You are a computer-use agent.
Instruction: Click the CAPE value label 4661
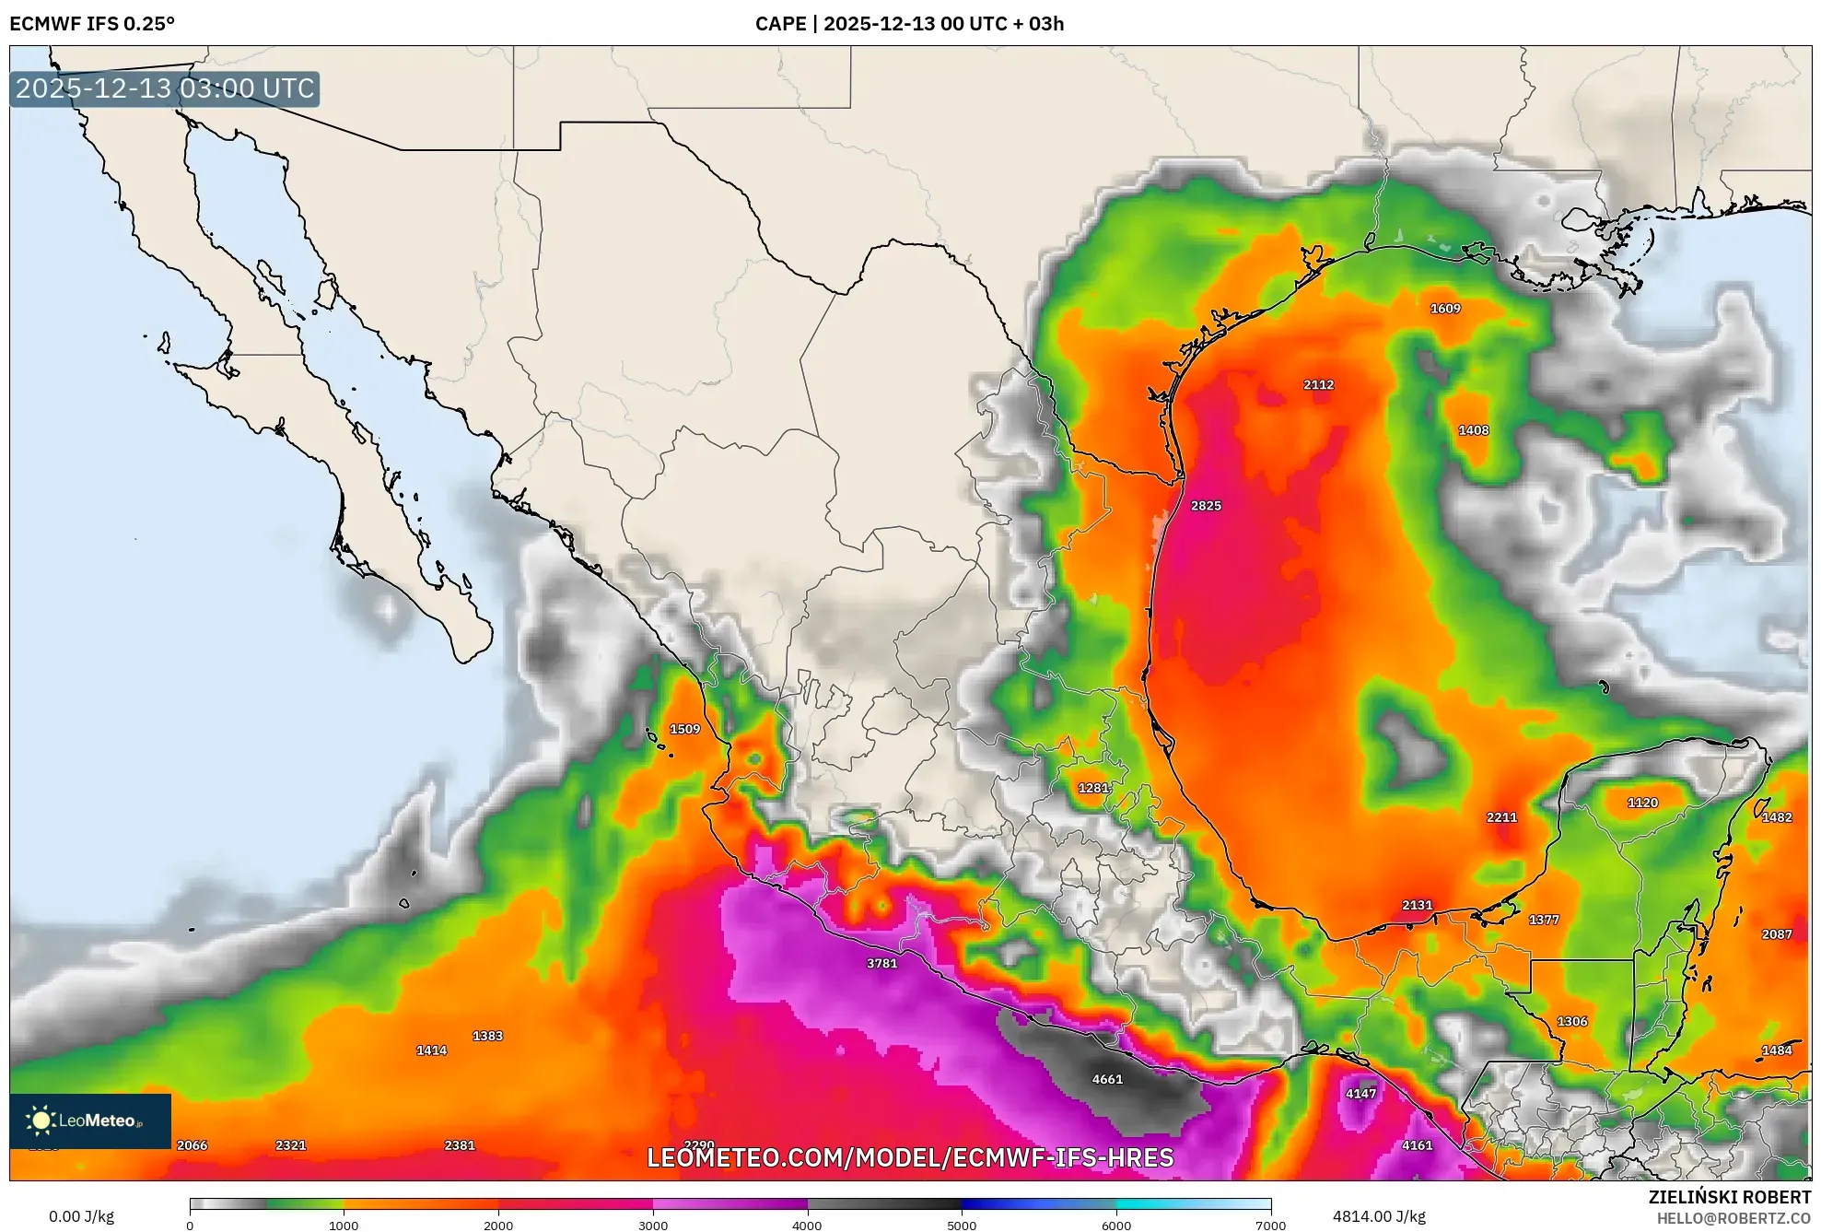[x=1107, y=1079]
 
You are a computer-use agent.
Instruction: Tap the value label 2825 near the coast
[x=1206, y=506]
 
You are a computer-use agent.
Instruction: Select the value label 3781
[x=881, y=963]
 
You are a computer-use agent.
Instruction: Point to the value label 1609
[x=1445, y=309]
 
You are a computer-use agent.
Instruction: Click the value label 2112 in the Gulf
[x=1318, y=385]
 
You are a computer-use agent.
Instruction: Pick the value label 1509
[x=684, y=729]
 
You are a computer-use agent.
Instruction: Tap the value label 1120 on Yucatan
[x=1642, y=803]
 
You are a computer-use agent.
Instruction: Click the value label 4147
[x=1360, y=1094]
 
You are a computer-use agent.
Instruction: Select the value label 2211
[x=1501, y=817]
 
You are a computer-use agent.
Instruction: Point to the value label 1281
[x=1093, y=788]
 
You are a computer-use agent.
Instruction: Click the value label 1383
[x=487, y=1036]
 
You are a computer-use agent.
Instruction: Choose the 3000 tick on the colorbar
[x=653, y=1224]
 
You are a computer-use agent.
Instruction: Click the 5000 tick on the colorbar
[x=962, y=1224]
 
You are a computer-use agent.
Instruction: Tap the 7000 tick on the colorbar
[x=1270, y=1224]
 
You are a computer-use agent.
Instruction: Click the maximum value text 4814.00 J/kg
[x=1379, y=1216]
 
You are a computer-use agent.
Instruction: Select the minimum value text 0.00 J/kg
[x=81, y=1216]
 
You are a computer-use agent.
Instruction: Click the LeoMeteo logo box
[x=90, y=1121]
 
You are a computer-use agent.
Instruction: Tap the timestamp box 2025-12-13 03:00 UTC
[x=165, y=88]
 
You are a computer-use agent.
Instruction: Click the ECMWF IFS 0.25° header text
[x=92, y=24]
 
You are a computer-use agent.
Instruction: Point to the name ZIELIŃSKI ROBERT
[x=1729, y=1197]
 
